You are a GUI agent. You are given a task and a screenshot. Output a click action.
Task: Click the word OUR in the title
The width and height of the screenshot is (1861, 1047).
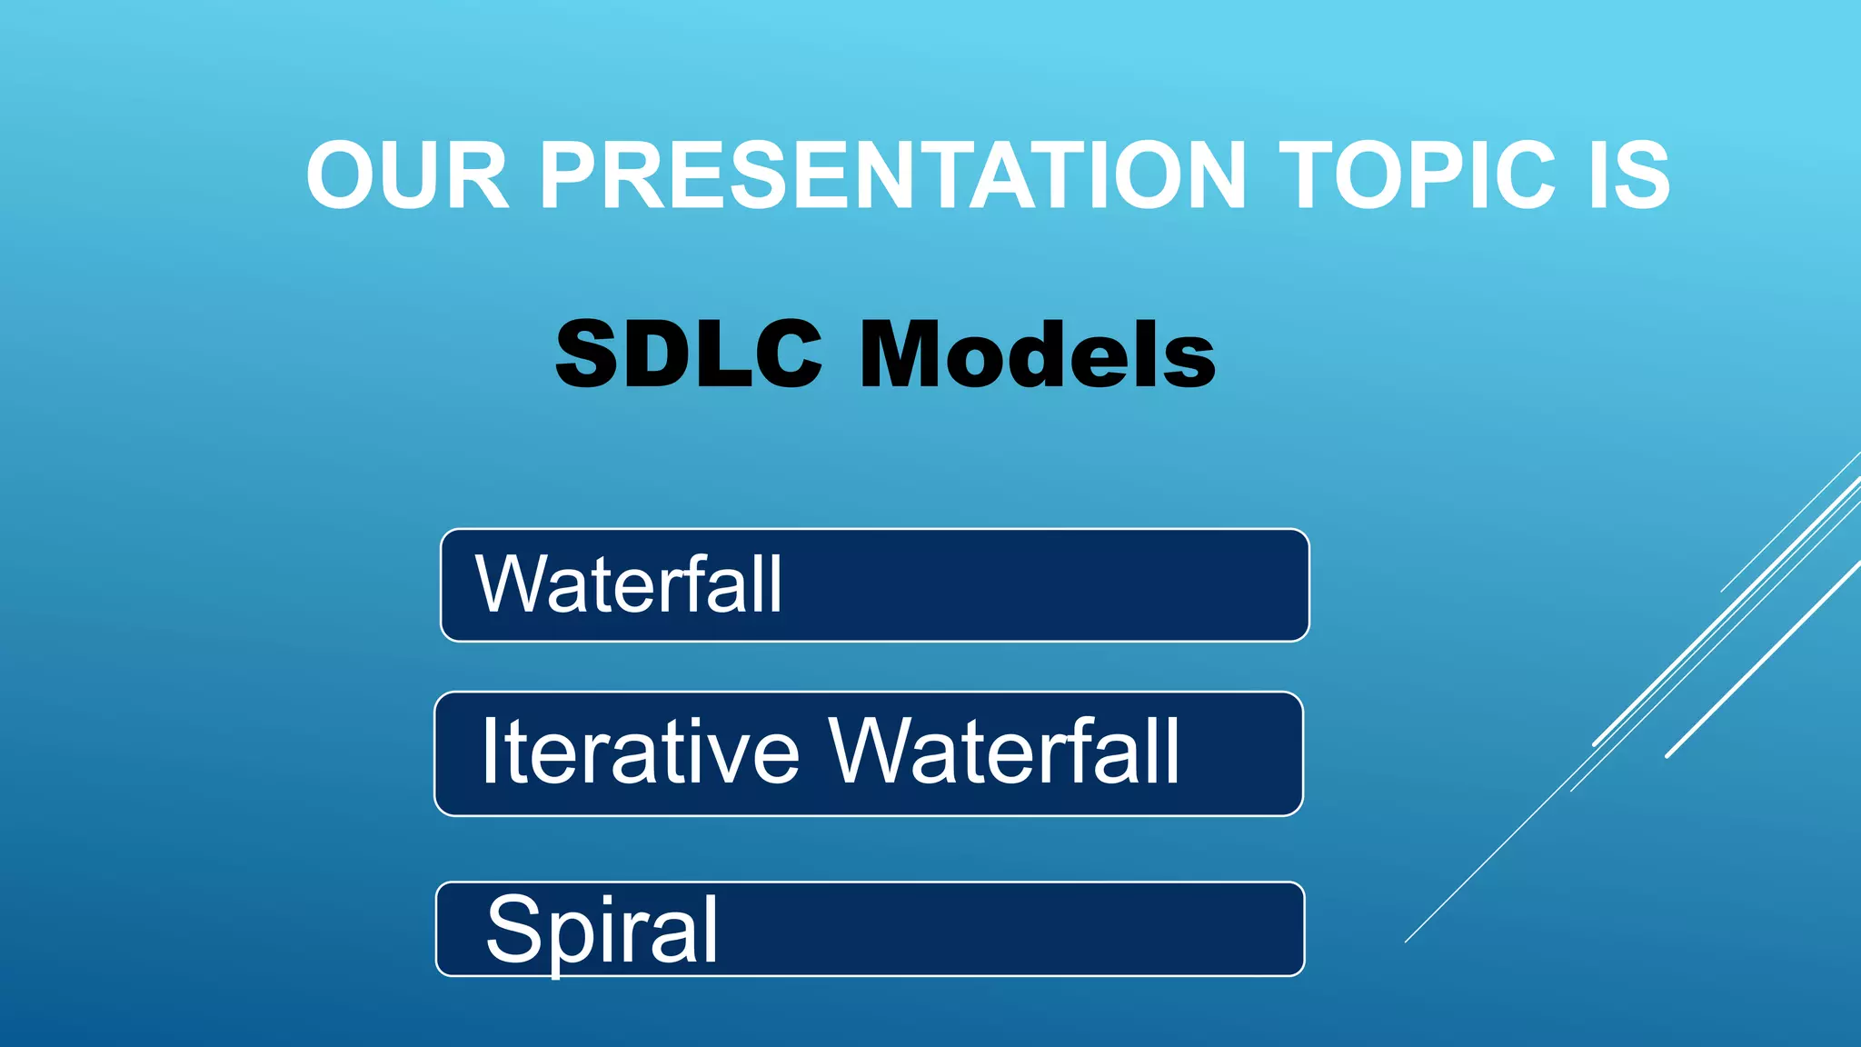coord(407,175)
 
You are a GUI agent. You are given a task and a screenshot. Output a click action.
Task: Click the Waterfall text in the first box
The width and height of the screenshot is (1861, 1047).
coord(629,585)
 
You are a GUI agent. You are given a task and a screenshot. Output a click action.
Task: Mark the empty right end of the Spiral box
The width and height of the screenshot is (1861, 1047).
coord(1181,929)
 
